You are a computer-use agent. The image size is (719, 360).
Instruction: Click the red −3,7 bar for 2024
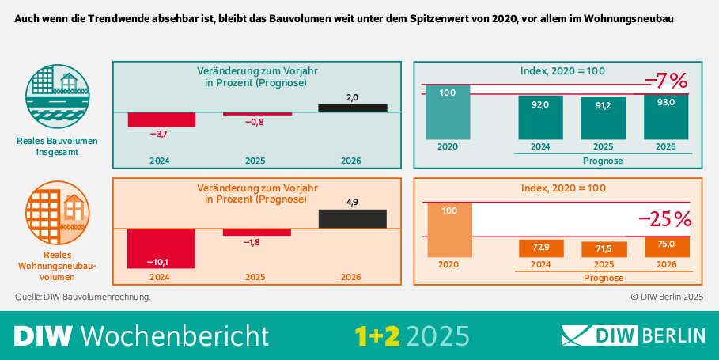tap(161, 119)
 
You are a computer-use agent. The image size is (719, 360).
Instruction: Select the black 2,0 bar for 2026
tap(353, 108)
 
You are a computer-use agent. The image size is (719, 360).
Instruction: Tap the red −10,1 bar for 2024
tap(161, 248)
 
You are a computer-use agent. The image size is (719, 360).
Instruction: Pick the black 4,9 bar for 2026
tap(353, 219)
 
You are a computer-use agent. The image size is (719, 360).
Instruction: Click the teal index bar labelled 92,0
tap(540, 118)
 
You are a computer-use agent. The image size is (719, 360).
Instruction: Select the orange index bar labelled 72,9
tap(540, 248)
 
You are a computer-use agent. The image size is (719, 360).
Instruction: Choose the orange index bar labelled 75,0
tap(666, 247)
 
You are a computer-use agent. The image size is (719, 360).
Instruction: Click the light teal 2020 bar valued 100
tap(448, 112)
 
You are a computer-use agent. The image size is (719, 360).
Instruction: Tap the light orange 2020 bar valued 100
tap(448, 229)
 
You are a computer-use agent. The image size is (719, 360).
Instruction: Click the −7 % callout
tap(666, 81)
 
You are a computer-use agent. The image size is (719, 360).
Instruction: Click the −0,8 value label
tap(255, 123)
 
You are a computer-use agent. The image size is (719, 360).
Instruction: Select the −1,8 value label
tap(255, 243)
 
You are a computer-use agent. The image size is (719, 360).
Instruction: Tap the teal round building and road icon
tap(57, 96)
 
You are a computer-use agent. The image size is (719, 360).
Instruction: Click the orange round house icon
tap(57, 213)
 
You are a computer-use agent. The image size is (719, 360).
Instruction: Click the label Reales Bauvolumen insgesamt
tap(57, 146)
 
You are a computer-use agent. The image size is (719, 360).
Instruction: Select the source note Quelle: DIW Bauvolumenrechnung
tap(82, 297)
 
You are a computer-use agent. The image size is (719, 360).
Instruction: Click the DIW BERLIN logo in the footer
tap(633, 335)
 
